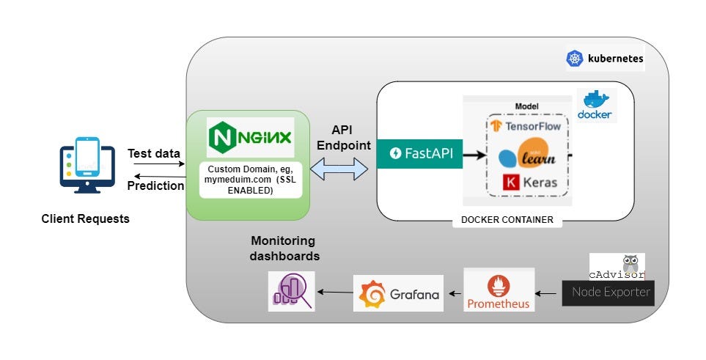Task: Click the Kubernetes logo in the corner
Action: pyautogui.click(x=575, y=59)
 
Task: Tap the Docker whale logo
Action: pyautogui.click(x=595, y=105)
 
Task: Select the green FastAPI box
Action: pyautogui.click(x=419, y=153)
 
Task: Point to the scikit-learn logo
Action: pyautogui.click(x=526, y=155)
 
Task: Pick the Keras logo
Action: pyautogui.click(x=531, y=182)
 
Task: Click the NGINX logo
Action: pyautogui.click(x=250, y=137)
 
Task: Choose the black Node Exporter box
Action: pyautogui.click(x=606, y=293)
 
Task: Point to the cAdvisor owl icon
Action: pyautogui.click(x=629, y=263)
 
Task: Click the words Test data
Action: pyautogui.click(x=153, y=153)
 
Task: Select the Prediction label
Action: pyautogui.click(x=155, y=185)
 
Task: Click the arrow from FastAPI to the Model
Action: pyautogui.click(x=475, y=154)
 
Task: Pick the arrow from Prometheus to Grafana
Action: pyautogui.click(x=455, y=294)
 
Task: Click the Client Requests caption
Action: pyautogui.click(x=85, y=218)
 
